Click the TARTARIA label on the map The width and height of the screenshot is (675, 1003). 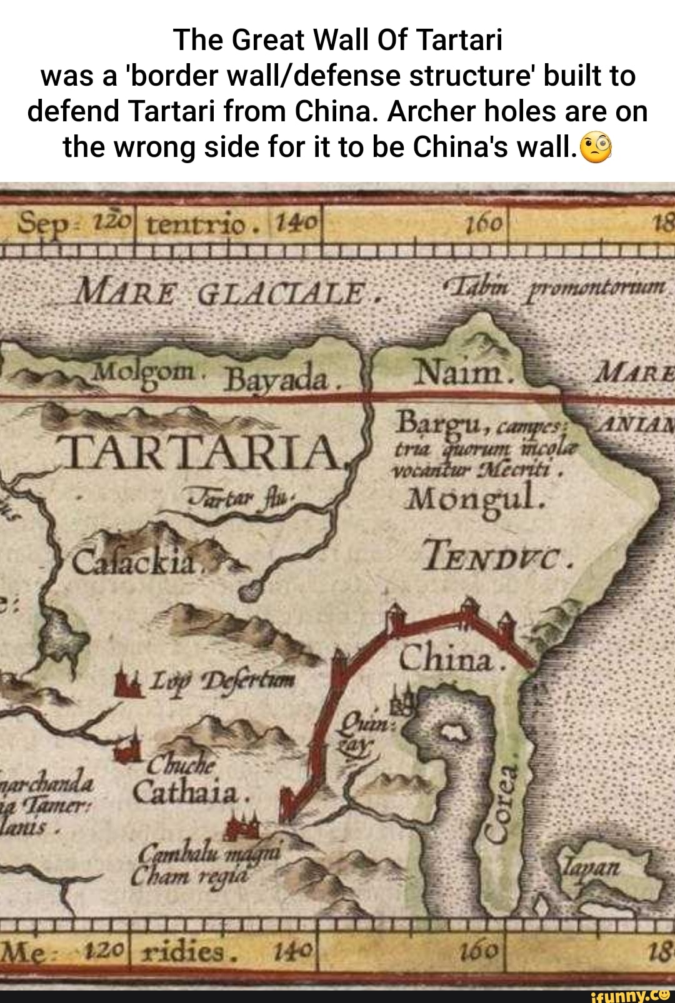pyautogui.click(x=203, y=452)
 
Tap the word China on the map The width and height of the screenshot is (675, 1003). pyautogui.click(x=446, y=658)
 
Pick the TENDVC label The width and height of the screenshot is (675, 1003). pyautogui.click(x=497, y=555)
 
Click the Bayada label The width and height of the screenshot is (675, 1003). pyautogui.click(x=276, y=379)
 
